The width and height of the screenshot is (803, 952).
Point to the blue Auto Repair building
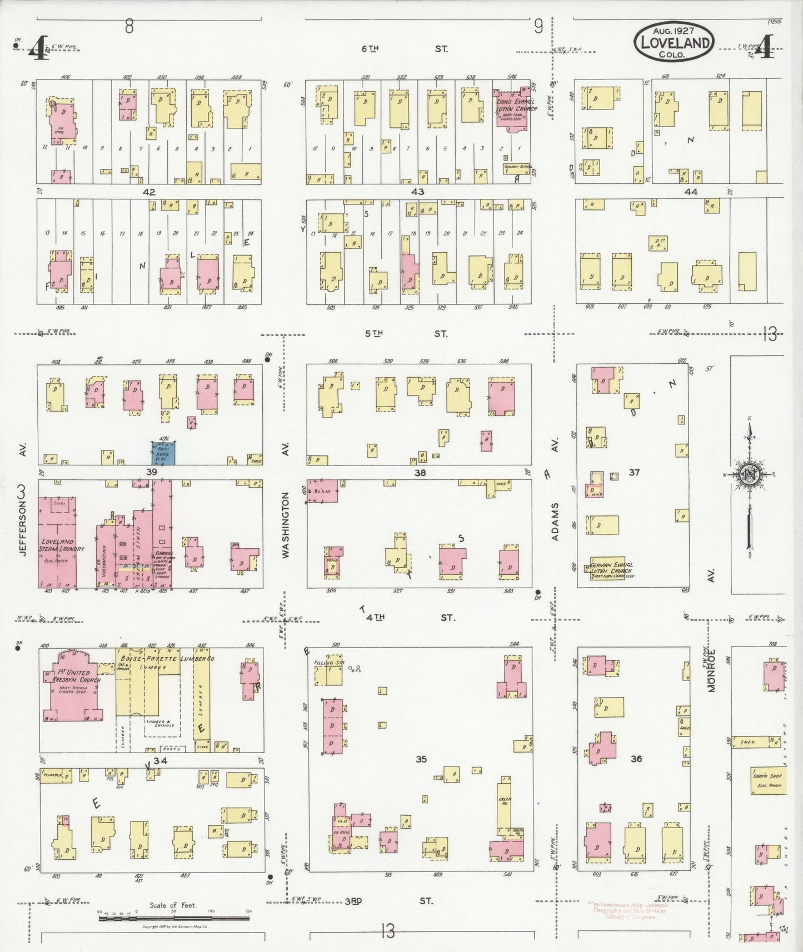pos(164,453)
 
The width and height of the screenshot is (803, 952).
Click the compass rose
pos(749,473)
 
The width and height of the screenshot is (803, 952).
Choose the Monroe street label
pos(711,670)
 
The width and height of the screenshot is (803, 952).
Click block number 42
pos(149,192)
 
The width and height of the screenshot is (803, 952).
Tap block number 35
pos(421,759)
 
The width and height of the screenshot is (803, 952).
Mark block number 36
pos(636,758)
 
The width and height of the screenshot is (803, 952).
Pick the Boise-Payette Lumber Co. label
pos(167,659)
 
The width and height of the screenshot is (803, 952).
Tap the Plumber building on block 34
pos(58,775)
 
